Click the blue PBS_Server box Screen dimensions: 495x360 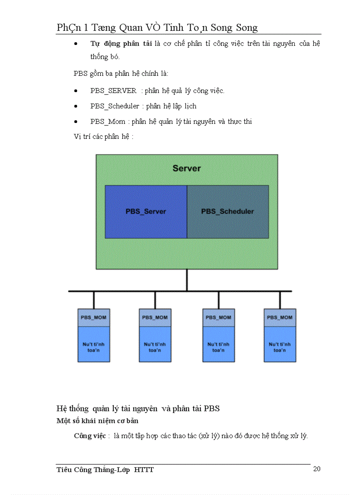click(146, 212)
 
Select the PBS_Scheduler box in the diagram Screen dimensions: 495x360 click(228, 212)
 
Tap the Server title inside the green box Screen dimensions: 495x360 click(187, 168)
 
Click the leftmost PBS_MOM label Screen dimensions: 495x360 click(94, 317)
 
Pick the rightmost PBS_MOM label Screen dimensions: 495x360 click(280, 317)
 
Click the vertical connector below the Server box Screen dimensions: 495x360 click(187, 280)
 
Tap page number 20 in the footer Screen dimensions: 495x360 click(317, 469)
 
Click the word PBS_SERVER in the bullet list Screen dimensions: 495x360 click(113, 91)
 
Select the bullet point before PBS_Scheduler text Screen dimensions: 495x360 click(76, 106)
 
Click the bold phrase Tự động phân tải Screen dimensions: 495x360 click(121, 44)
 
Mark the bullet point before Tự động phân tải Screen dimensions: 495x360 click(76, 44)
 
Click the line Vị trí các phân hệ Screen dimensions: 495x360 click(104, 137)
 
